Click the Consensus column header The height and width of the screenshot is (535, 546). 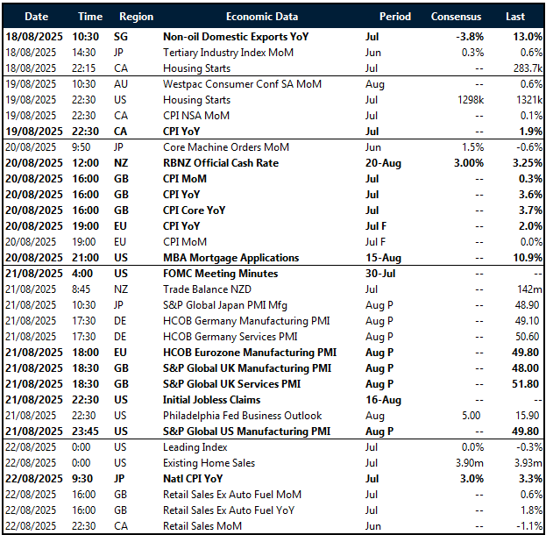pos(456,17)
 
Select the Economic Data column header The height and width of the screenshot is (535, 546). pos(261,17)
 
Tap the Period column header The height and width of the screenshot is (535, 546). pos(394,17)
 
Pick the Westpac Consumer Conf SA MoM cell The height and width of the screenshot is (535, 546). pos(243,83)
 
